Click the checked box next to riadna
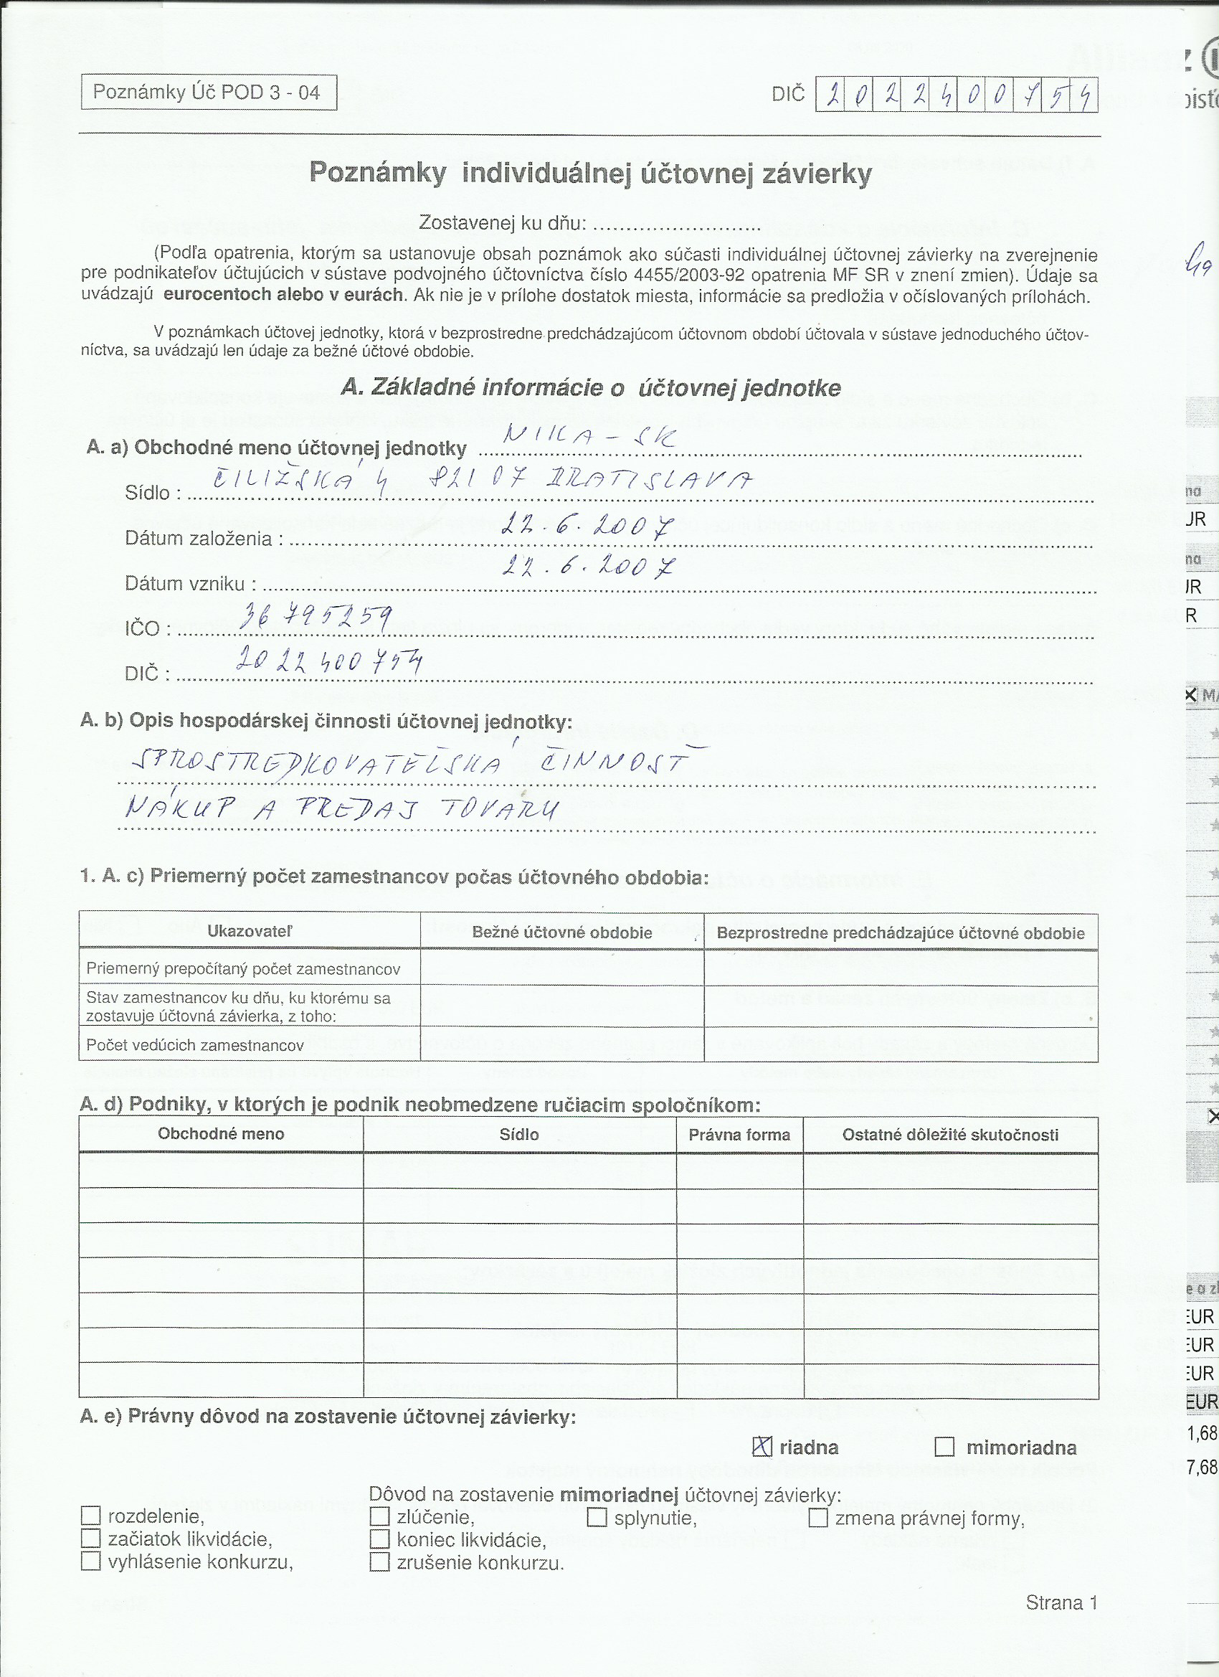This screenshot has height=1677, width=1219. click(x=762, y=1447)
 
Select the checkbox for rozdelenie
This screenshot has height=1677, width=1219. click(x=90, y=1516)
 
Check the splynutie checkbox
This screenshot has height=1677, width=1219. click(x=597, y=1517)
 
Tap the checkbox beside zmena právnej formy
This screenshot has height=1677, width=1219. click(x=817, y=1518)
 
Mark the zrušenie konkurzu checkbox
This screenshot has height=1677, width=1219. click(x=379, y=1562)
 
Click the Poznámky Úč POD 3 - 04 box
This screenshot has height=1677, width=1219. click(x=209, y=93)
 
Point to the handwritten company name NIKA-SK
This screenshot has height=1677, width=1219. click(x=589, y=437)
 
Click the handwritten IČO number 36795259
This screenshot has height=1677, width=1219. click(x=315, y=617)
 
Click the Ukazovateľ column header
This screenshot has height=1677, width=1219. click(x=249, y=931)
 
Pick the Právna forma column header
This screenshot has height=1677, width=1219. click(x=739, y=1134)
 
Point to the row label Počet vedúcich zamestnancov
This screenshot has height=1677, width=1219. click(x=195, y=1045)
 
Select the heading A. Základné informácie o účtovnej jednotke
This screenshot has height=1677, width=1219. click(x=591, y=387)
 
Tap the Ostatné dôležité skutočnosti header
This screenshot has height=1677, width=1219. click(x=950, y=1134)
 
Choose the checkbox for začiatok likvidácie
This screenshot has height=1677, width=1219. click(x=90, y=1539)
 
